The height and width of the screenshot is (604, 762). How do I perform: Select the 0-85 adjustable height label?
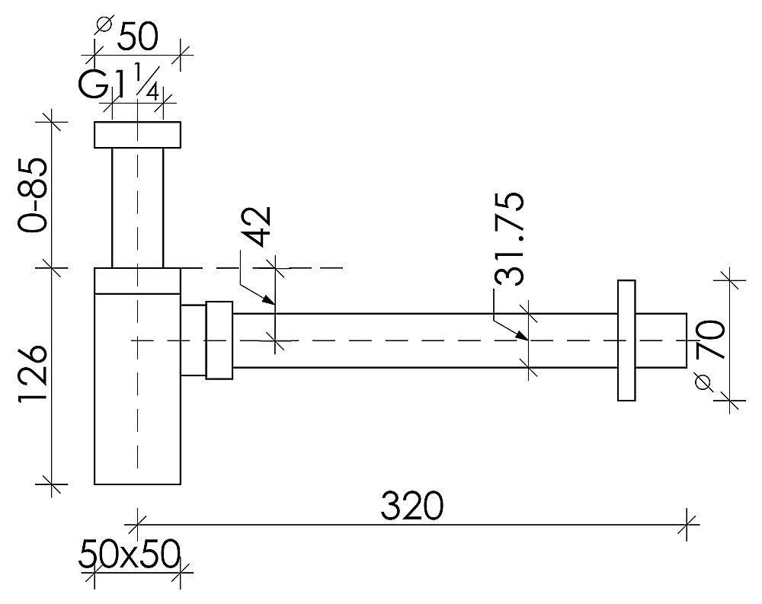coord(33,195)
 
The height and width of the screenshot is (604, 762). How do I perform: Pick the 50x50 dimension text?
coord(130,554)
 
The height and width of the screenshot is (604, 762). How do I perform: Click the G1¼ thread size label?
coord(119,85)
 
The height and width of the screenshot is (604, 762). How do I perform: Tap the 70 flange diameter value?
coord(710,339)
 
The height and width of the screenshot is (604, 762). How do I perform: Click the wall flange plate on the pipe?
coord(626,340)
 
